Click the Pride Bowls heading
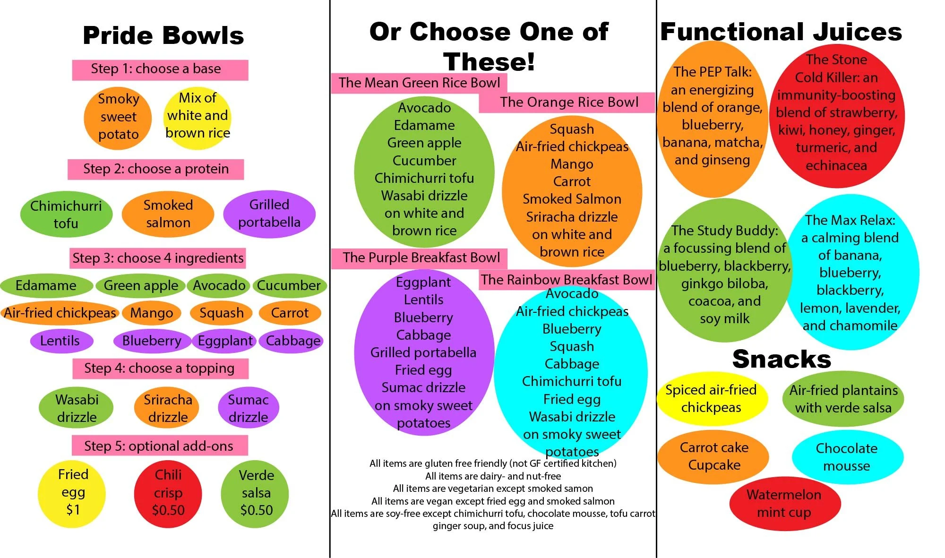click(163, 35)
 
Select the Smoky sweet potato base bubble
click(118, 117)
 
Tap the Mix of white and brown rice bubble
click(198, 116)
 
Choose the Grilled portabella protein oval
click(269, 214)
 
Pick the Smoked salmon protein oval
click(168, 214)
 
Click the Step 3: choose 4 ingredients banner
click(158, 258)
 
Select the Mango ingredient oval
click(152, 313)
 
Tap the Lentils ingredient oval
click(60, 341)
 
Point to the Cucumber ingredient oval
click(289, 285)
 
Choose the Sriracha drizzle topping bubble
click(168, 408)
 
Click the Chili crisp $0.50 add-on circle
click(168, 492)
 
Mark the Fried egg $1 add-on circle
click(73, 492)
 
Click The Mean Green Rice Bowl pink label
click(419, 83)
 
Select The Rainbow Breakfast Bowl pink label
click(566, 280)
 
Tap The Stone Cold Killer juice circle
click(837, 113)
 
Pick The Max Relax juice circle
click(850, 273)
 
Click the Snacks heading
click(782, 359)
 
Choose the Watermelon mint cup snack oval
click(784, 504)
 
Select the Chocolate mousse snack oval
click(847, 457)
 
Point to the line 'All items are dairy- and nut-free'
click(493, 476)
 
